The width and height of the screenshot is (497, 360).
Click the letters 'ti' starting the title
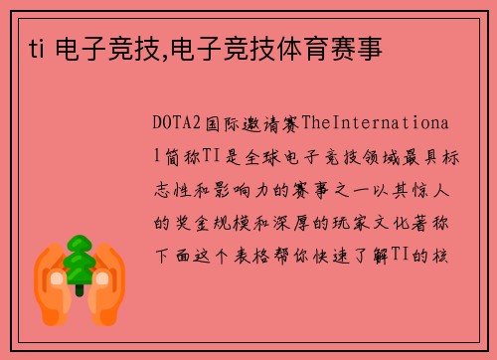click(25, 46)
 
